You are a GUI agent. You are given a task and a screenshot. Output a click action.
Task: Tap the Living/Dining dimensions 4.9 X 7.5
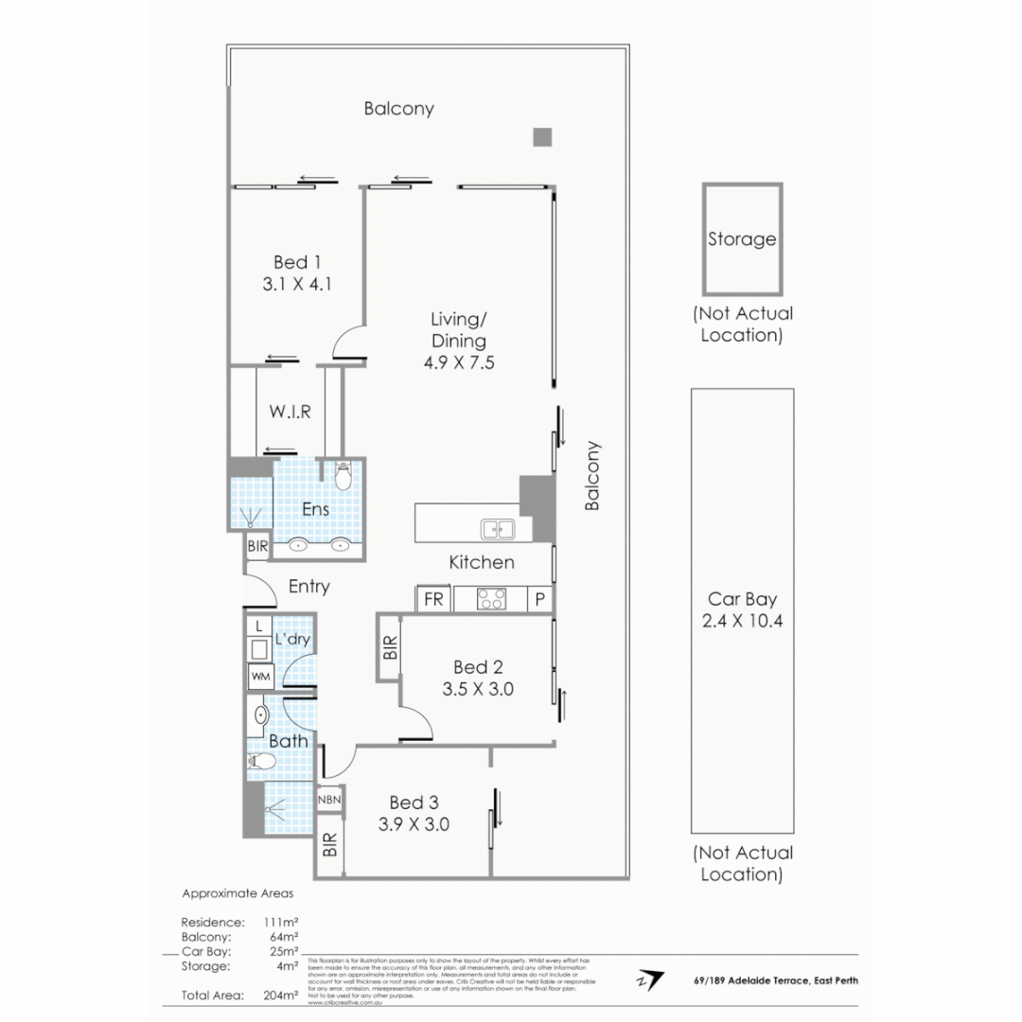pos(459,361)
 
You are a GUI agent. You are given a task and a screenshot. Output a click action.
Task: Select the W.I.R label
pos(290,412)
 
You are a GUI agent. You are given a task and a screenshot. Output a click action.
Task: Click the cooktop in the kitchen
pos(490,599)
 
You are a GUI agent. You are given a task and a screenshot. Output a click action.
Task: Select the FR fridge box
pos(434,599)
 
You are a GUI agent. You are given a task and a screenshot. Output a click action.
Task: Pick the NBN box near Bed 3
pos(328,801)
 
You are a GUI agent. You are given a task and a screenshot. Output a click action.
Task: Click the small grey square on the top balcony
pos(542,137)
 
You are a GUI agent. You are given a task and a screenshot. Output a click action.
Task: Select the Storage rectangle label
pos(742,239)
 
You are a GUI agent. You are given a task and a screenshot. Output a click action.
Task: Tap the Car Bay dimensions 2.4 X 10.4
pos(742,622)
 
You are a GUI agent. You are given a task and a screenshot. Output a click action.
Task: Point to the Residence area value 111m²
pos(283,922)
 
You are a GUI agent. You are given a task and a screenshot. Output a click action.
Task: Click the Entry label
pos(308,587)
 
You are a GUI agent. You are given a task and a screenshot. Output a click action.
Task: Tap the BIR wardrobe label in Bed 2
pos(390,647)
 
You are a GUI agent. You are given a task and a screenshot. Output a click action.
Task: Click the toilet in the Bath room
pos(261,762)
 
